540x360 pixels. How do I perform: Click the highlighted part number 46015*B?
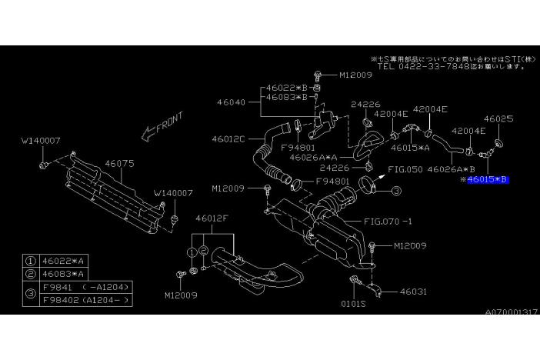pyautogui.click(x=488, y=179)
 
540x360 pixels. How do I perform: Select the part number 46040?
pyautogui.click(x=230, y=102)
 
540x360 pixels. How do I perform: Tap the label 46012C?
pyautogui.click(x=228, y=139)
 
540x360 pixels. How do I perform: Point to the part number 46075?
pyautogui.click(x=119, y=163)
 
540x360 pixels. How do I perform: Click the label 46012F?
pyautogui.click(x=212, y=218)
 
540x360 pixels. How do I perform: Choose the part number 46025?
pyautogui.click(x=498, y=119)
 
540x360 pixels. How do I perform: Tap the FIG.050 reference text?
pyautogui.click(x=405, y=168)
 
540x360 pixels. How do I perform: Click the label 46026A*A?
pyautogui.click(x=316, y=157)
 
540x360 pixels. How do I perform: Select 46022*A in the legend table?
pyautogui.click(x=64, y=262)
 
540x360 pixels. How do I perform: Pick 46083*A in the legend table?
pyautogui.click(x=64, y=274)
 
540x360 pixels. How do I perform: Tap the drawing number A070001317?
pyautogui.click(x=511, y=313)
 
